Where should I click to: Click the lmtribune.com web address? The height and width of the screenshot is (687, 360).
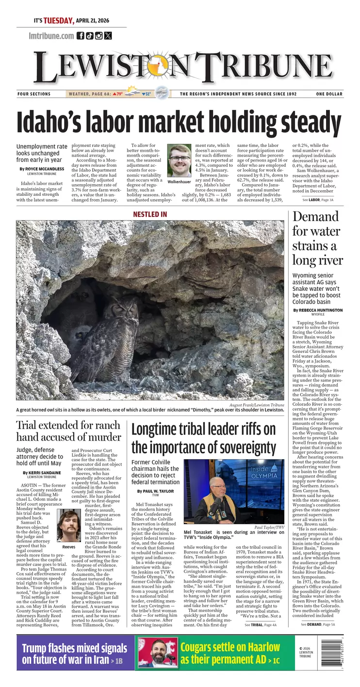pos(51,35)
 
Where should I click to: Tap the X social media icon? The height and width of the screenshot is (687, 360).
pos(108,35)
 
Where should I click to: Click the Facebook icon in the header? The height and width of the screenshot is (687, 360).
pos(81,35)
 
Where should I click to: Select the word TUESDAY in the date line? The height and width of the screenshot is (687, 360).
pos(59,21)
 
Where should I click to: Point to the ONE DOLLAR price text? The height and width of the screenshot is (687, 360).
pos(329,94)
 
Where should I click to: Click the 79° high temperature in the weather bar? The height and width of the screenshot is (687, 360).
pos(118,94)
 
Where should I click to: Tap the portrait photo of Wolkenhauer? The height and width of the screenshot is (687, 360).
pos(179,160)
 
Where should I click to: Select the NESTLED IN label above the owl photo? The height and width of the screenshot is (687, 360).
pos(150,214)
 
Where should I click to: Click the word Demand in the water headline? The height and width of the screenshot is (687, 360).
pos(315,217)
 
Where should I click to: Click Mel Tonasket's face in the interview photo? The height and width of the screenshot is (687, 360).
pos(217,488)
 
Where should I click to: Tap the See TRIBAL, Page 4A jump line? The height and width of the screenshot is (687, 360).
pos(260,625)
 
